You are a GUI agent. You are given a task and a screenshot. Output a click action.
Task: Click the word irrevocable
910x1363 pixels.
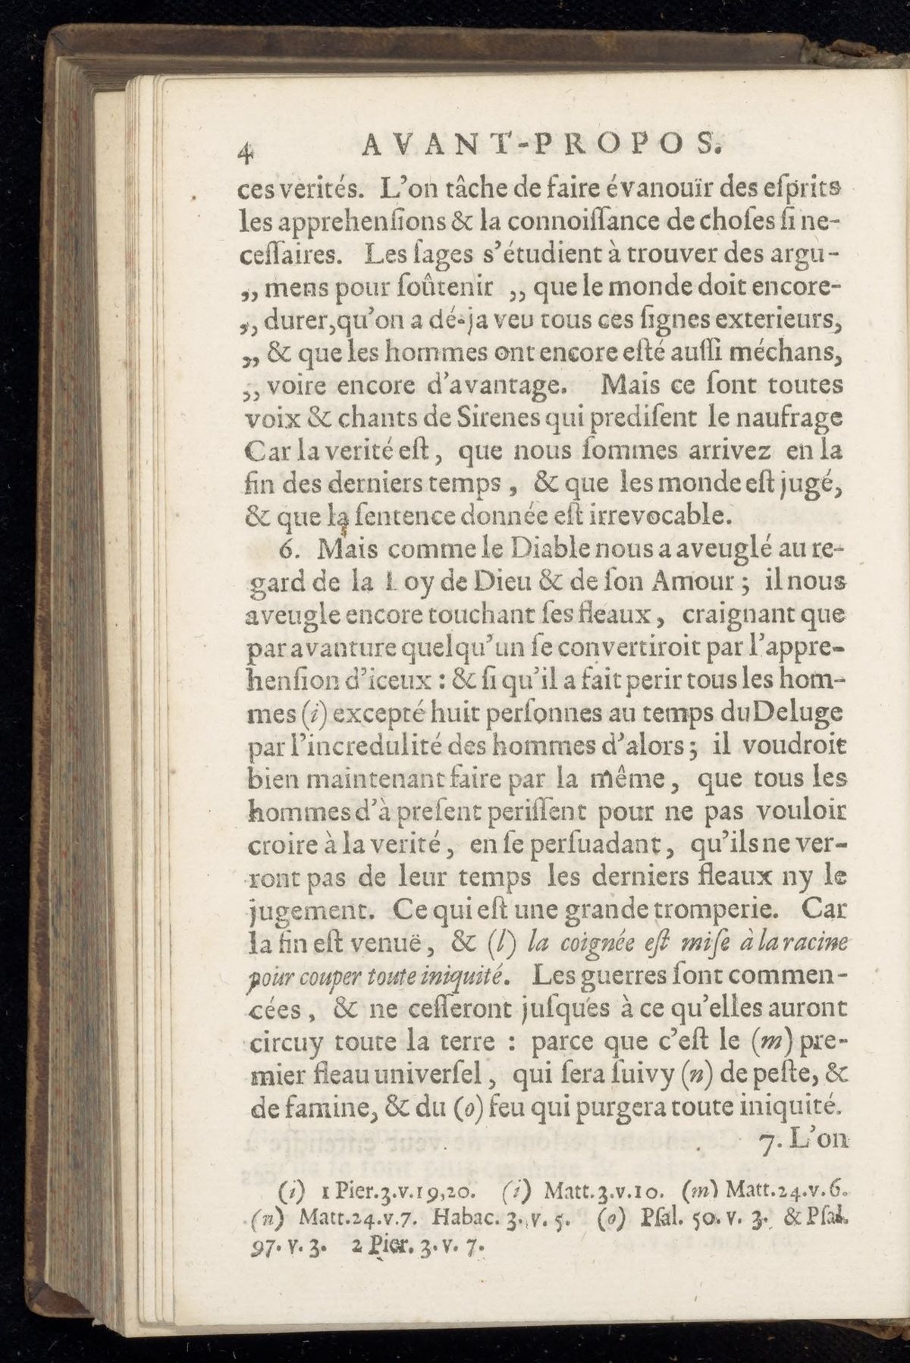650,517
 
